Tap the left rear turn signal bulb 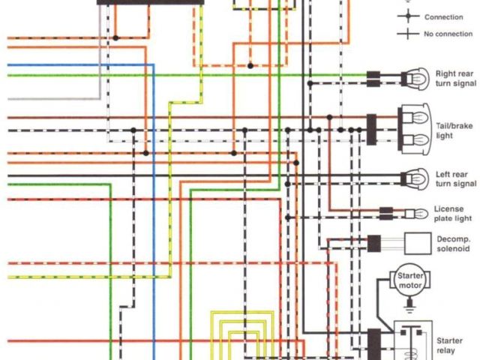click(x=412, y=179)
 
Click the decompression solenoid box click(x=418, y=242)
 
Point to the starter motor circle click(x=409, y=283)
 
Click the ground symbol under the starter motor click(x=409, y=304)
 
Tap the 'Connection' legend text click(x=443, y=16)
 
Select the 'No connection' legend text click(x=448, y=34)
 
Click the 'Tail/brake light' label click(x=454, y=127)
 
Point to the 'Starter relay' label click(x=449, y=346)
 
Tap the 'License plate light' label click(x=453, y=214)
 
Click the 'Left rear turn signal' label click(x=455, y=179)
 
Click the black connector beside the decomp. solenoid click(x=373, y=242)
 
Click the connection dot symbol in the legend click(x=408, y=16)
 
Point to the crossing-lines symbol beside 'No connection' click(x=408, y=34)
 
